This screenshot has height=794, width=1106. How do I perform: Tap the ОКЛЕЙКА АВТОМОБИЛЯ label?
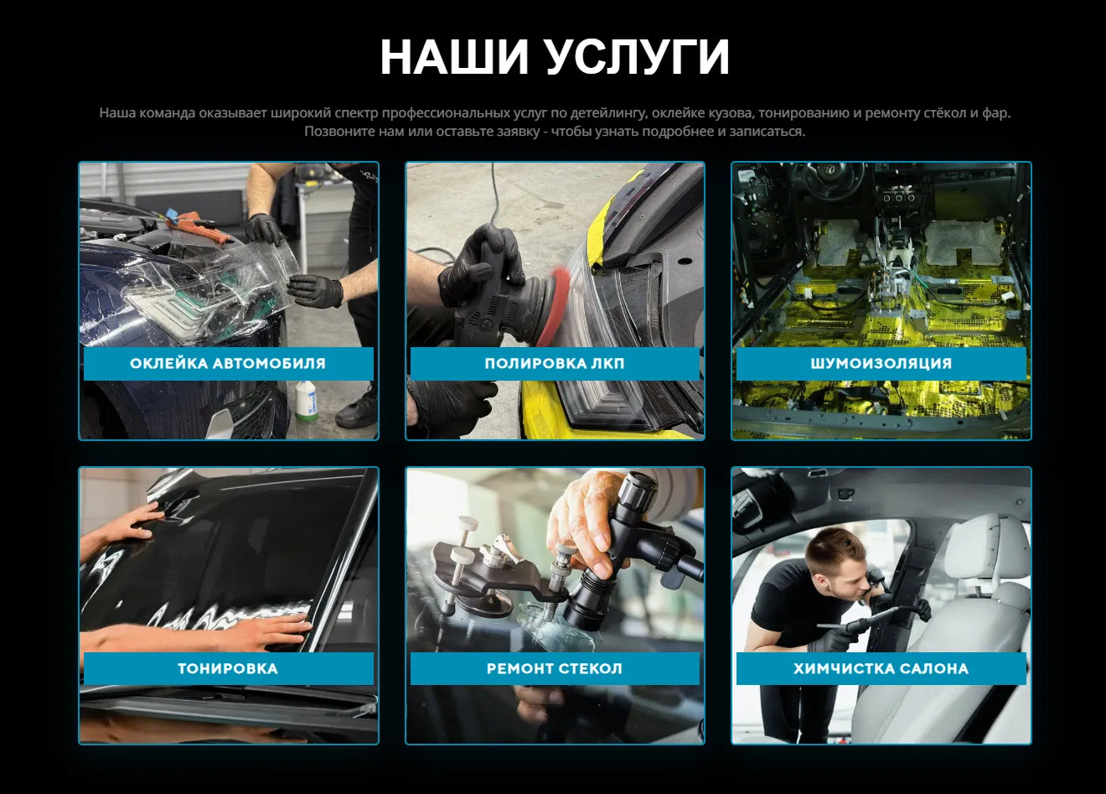click(228, 364)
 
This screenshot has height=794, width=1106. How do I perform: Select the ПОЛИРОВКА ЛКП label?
click(555, 364)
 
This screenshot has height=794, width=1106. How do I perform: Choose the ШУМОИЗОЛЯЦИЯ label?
click(881, 364)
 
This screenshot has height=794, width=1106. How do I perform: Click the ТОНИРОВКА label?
click(228, 669)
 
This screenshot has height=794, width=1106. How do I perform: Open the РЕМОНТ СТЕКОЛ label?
click(555, 669)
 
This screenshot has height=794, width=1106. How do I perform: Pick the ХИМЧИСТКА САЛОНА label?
click(881, 669)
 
